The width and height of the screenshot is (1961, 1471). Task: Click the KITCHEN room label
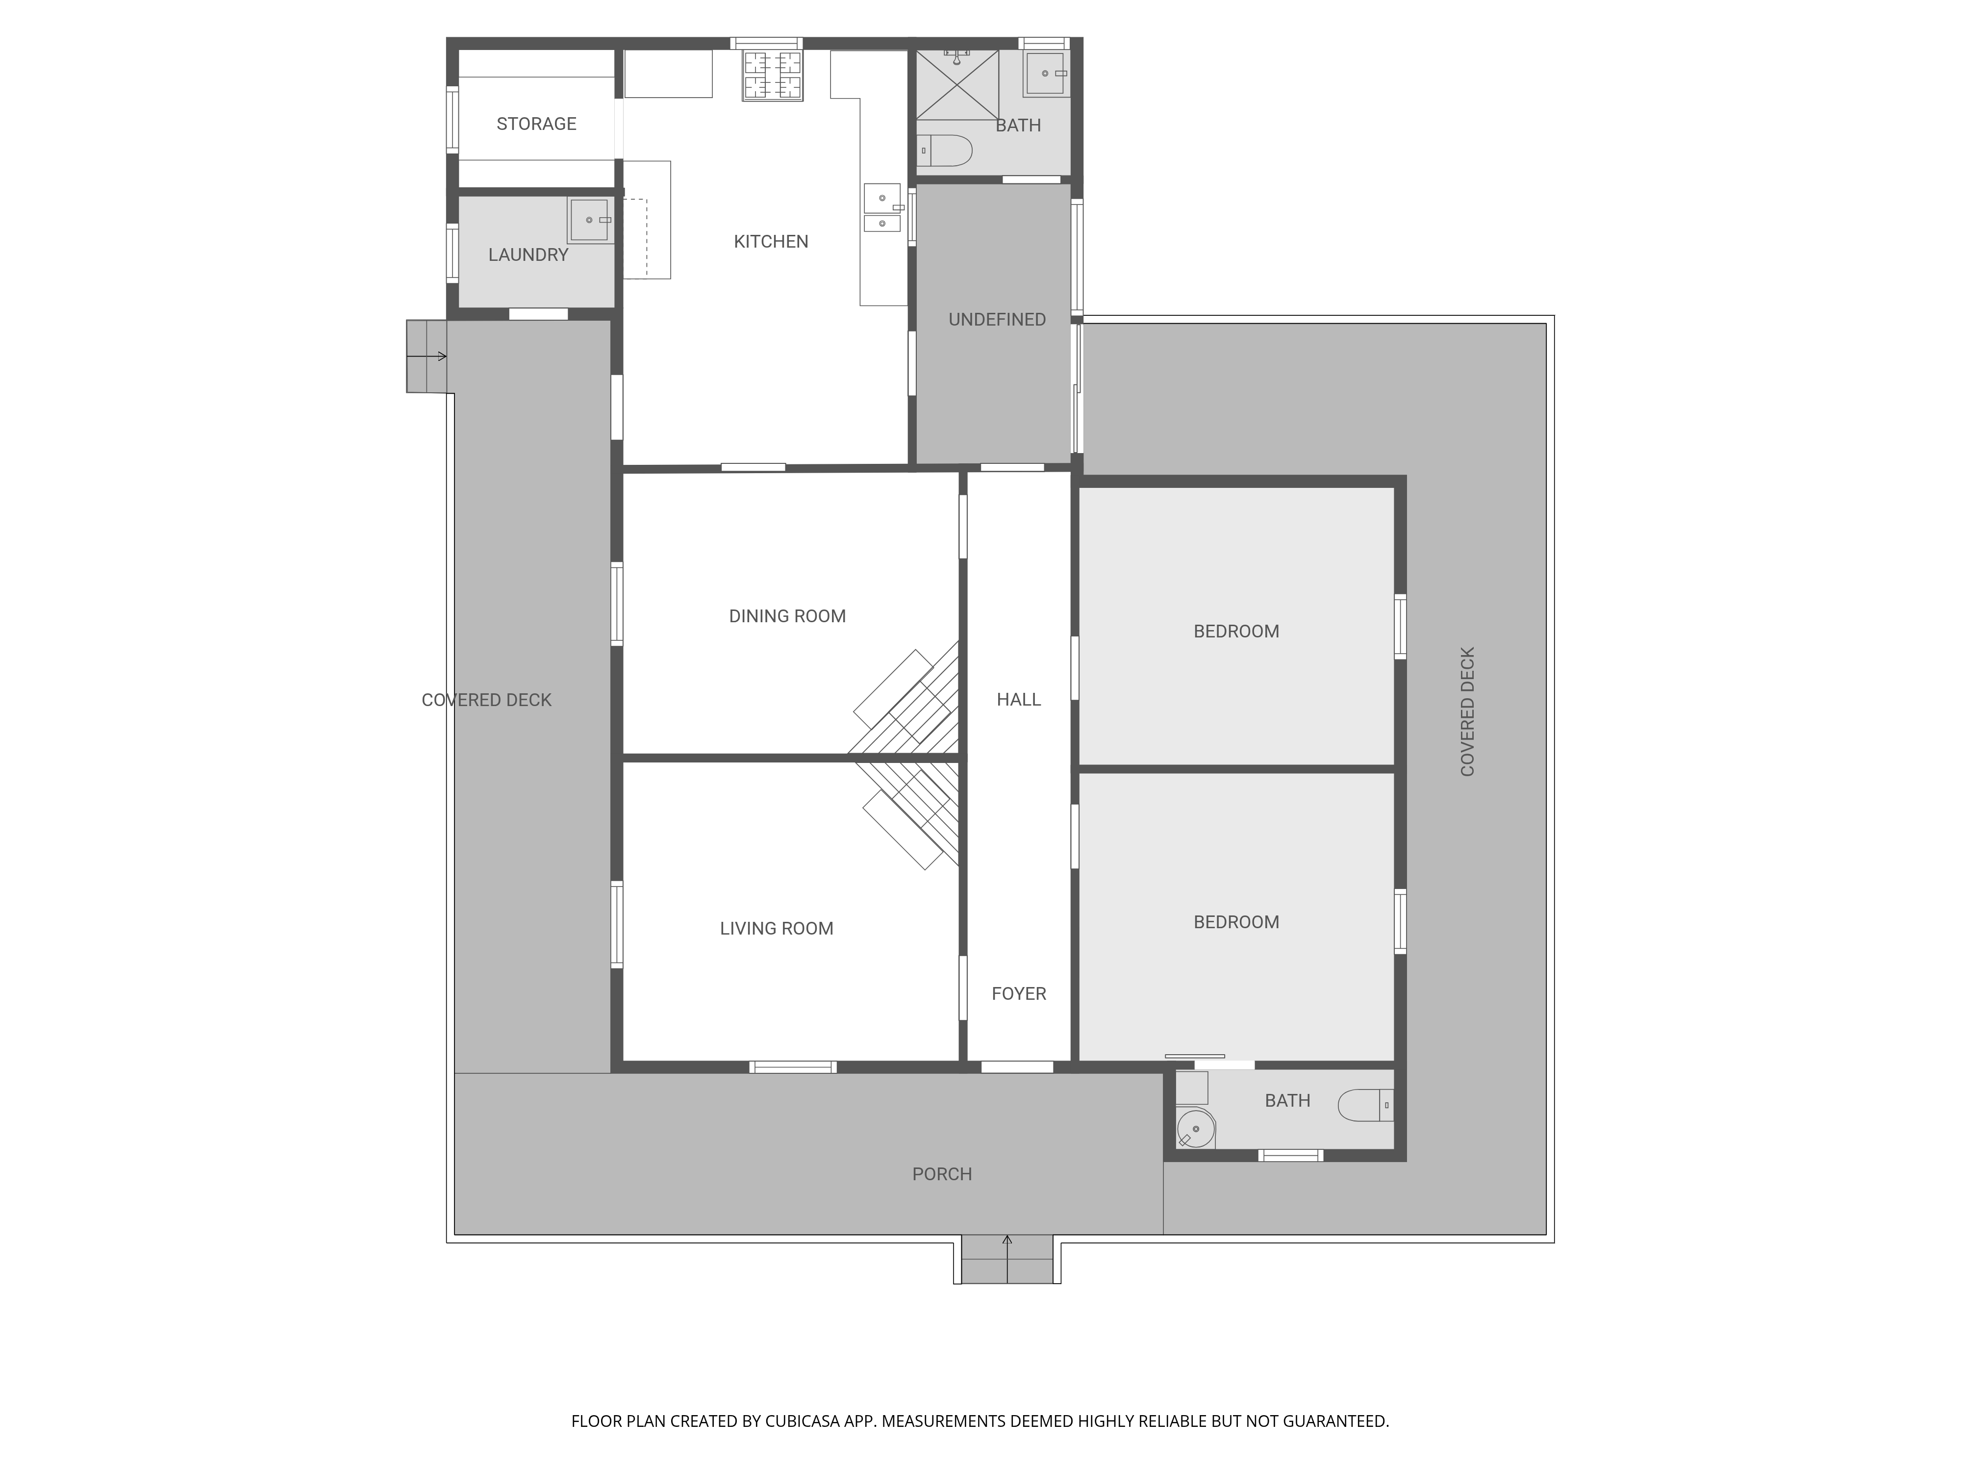click(770, 241)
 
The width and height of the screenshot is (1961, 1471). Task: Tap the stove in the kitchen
click(772, 76)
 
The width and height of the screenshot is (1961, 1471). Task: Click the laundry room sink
click(590, 220)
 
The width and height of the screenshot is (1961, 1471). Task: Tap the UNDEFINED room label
click(997, 319)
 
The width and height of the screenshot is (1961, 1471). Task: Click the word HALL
click(1019, 700)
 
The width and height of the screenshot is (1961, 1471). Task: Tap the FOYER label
click(1019, 994)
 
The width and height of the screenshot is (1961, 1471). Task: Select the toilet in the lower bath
click(1365, 1106)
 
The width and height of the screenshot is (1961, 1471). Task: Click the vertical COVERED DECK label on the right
click(1467, 712)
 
